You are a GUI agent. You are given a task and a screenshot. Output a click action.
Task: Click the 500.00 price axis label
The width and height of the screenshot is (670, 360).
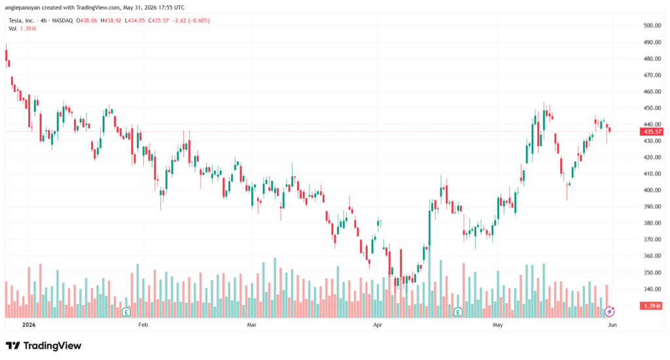[x=652, y=26]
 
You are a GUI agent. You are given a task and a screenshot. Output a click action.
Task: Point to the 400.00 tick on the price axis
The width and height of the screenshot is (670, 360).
[x=652, y=190]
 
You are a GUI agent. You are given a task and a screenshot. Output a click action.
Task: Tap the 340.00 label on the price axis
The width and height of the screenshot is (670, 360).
[x=652, y=289]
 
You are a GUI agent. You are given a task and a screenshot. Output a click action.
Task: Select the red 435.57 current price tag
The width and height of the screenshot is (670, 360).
[x=651, y=132]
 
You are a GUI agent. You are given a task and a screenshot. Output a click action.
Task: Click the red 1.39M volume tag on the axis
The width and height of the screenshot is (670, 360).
[x=651, y=306]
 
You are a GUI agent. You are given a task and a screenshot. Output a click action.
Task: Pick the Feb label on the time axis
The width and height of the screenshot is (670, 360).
[x=143, y=325]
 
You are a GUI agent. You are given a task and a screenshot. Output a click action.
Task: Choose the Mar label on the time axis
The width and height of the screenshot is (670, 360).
[x=252, y=325]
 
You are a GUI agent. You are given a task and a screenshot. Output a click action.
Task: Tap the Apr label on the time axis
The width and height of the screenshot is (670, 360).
[x=378, y=325]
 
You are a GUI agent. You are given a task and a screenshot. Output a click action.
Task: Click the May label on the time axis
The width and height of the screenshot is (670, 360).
[x=498, y=325]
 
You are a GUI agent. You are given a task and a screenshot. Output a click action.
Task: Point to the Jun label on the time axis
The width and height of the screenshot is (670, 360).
[x=612, y=325]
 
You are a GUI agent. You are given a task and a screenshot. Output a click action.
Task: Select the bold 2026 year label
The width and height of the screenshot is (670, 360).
[x=29, y=325]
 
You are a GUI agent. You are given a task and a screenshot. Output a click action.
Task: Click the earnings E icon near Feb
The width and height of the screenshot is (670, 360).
[x=126, y=312]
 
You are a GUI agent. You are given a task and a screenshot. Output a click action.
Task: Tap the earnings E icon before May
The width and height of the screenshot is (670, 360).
[x=458, y=312]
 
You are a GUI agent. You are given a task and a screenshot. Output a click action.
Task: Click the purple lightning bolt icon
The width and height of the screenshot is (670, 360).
[x=610, y=312]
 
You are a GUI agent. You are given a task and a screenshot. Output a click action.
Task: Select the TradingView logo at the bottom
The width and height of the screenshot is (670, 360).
[x=43, y=346]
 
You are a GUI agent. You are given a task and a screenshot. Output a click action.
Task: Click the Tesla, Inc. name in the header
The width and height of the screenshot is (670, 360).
[x=22, y=20]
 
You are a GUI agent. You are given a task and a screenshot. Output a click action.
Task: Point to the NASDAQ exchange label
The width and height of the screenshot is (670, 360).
[x=62, y=20]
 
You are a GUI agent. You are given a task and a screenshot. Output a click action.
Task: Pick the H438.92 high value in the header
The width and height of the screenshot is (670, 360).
[x=111, y=20]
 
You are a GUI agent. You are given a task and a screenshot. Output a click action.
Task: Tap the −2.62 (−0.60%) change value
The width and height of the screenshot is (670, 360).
[x=191, y=20]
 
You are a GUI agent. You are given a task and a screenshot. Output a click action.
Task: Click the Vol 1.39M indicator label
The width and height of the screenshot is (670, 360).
[x=22, y=29]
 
